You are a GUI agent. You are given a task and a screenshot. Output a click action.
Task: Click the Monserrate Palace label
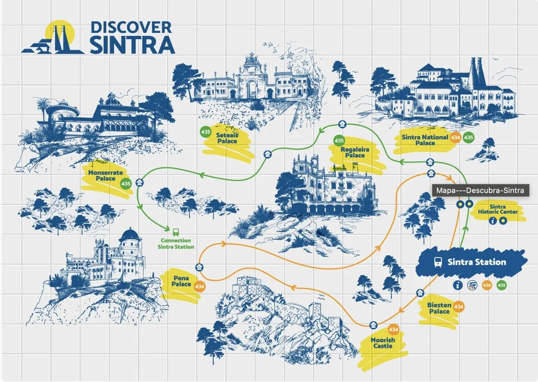pos(102,174)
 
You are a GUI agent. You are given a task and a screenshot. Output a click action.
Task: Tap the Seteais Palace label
pos(228,138)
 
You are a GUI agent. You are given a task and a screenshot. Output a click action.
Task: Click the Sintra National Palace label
pos(424,140)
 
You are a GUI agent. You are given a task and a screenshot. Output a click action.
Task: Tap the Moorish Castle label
pos(383,343)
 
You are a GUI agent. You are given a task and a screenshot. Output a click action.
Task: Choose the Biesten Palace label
pos(439,308)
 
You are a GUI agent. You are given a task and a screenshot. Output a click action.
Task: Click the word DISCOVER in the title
pos(131,27)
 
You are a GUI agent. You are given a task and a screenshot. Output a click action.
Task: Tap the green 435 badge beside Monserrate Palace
pos(126,184)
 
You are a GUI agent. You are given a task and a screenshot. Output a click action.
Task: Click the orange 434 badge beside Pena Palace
pos(200,287)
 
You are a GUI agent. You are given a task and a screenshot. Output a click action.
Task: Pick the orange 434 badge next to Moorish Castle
pos(393,329)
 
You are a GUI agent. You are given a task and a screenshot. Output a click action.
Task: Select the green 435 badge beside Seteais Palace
pos(206,131)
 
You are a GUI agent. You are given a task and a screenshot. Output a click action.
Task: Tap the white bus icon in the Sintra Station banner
pos(438,262)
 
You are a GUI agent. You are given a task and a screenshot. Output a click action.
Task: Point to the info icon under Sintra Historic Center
pos(492,220)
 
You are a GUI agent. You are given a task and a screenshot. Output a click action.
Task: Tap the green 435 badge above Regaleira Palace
pos(338,141)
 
